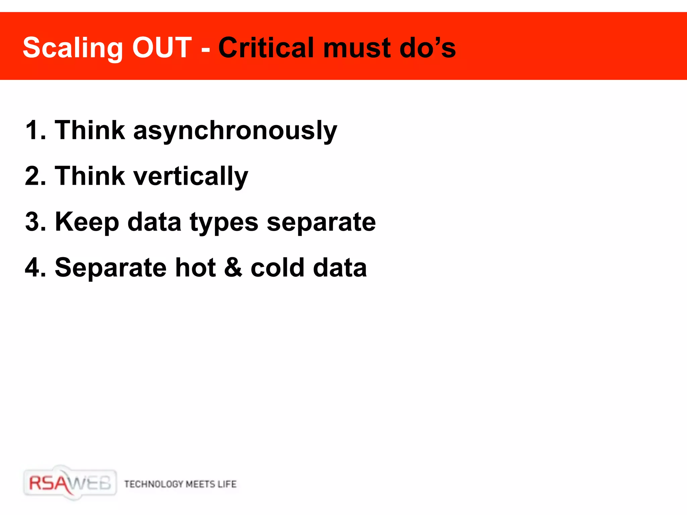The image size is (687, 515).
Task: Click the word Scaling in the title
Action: coord(72,48)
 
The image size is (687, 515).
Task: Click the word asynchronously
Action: coord(235,130)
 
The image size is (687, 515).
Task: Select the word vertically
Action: coord(191,176)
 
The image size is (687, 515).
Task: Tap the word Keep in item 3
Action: coord(87,222)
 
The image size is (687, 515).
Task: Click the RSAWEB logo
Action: coord(70,483)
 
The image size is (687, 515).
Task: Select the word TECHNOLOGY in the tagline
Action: coord(154,484)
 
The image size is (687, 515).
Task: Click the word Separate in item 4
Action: coord(111,267)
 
